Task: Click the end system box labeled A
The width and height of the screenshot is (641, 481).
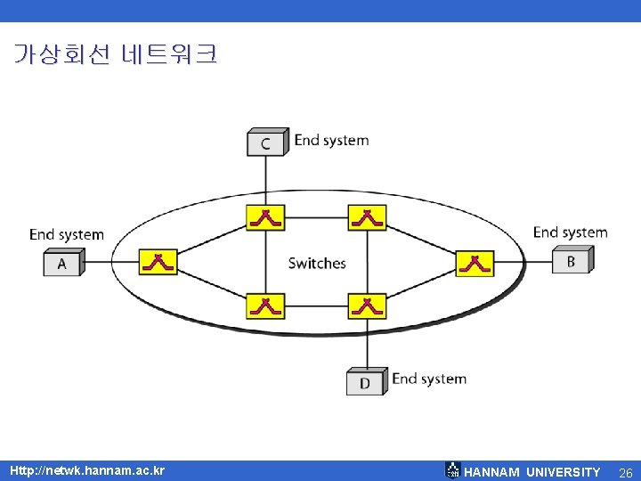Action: pyautogui.click(x=62, y=263)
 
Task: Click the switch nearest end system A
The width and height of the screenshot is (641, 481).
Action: pyautogui.click(x=158, y=262)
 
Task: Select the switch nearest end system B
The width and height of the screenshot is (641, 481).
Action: pyautogui.click(x=475, y=262)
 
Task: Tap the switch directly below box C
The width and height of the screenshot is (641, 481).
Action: pyautogui.click(x=265, y=216)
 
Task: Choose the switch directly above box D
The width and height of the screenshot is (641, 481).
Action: pyautogui.click(x=366, y=306)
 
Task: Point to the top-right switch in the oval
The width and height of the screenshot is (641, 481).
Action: pyautogui.click(x=366, y=216)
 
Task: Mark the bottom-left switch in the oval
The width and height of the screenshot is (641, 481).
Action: pyautogui.click(x=265, y=306)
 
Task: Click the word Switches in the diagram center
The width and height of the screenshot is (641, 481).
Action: pyautogui.click(x=317, y=263)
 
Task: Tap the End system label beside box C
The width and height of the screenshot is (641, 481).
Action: pyautogui.click(x=331, y=140)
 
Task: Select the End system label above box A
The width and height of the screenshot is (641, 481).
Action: pyautogui.click(x=67, y=234)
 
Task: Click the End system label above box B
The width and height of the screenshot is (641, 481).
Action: pyautogui.click(x=570, y=232)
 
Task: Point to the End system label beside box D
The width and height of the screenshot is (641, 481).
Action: pyautogui.click(x=429, y=379)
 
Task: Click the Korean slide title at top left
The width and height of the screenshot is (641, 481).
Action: pyautogui.click(x=115, y=55)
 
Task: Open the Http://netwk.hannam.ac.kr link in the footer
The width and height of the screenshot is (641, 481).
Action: pyautogui.click(x=87, y=469)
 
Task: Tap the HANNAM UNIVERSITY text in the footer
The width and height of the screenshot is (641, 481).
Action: pyautogui.click(x=532, y=471)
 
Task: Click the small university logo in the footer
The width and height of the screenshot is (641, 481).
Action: pyautogui.click(x=452, y=470)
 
